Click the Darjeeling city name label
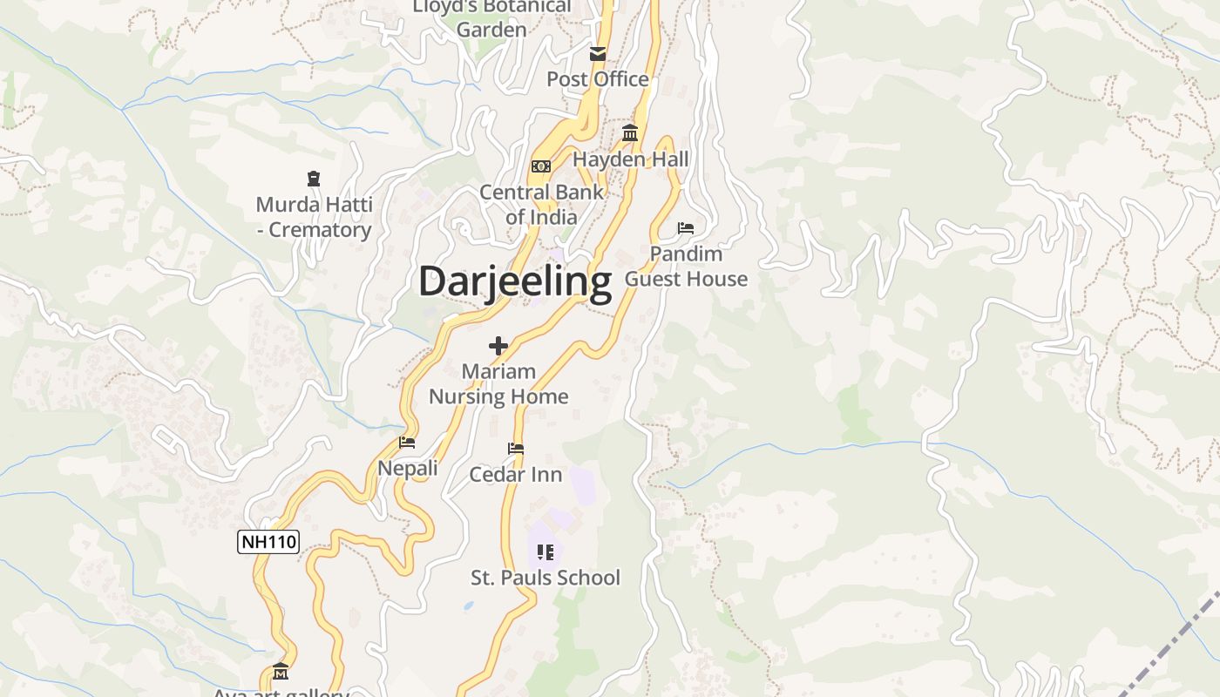click(515, 282)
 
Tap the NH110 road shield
click(268, 542)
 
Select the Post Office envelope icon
click(598, 54)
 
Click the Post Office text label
click(598, 79)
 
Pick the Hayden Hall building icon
click(630, 133)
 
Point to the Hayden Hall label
click(630, 159)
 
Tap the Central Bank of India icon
click(541, 166)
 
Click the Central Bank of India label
click(541, 205)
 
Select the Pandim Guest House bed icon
click(686, 228)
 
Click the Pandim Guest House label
click(686, 267)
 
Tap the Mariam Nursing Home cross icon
click(498, 346)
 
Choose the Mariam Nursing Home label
click(498, 384)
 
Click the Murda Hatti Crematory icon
click(314, 179)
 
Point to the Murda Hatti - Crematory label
click(314, 218)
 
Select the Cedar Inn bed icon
click(516, 450)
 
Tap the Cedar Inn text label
click(516, 475)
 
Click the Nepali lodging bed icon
click(407, 443)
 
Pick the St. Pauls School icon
click(546, 552)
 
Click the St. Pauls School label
click(546, 578)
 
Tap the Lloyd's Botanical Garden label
click(491, 17)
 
